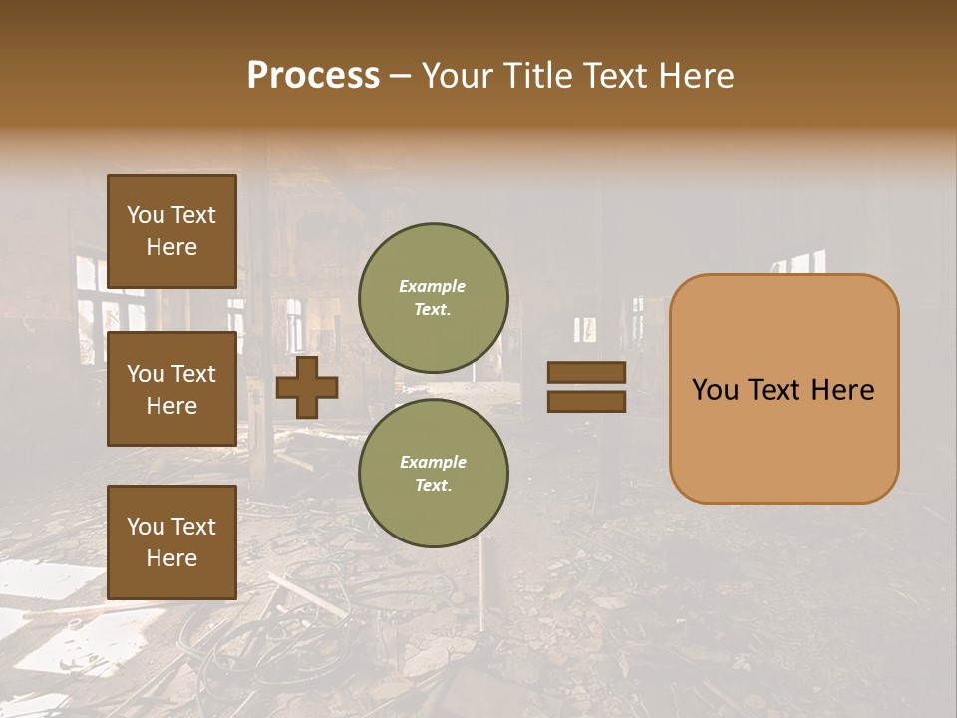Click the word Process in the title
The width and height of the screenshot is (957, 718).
pos(313,76)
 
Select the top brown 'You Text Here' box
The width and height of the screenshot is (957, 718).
pos(171,231)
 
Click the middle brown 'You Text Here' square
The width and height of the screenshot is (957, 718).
pos(171,389)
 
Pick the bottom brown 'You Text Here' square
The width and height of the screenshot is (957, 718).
pos(171,541)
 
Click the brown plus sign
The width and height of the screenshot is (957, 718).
pos(307,387)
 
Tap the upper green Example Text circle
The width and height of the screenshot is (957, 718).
pos(434,297)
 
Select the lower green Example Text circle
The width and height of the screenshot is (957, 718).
pos(434,474)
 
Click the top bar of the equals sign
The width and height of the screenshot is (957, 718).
pos(586,373)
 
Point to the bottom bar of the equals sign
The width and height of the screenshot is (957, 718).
pos(586,402)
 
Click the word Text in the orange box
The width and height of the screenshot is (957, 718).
pos(776,390)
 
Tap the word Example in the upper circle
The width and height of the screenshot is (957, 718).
pos(432,286)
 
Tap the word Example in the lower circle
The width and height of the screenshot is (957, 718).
pos(433,462)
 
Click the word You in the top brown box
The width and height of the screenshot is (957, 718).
pos(146,215)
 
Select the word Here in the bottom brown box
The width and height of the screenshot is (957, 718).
pos(171,558)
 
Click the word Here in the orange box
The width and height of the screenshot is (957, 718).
pos(842,390)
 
